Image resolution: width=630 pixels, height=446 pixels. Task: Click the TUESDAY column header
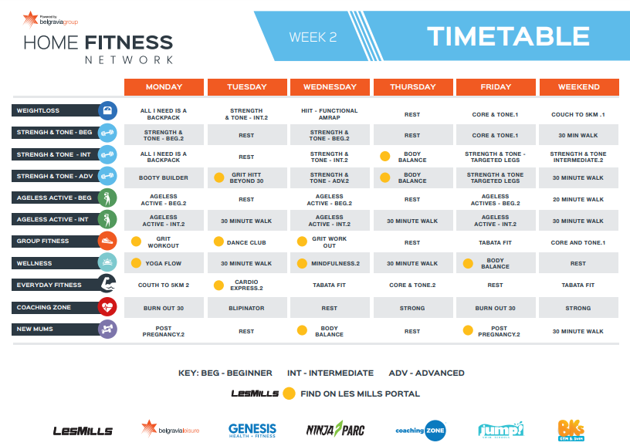[x=247, y=86]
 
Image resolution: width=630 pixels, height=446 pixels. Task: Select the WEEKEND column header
[x=579, y=86]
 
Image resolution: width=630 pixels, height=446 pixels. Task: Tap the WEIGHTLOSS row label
[x=56, y=110]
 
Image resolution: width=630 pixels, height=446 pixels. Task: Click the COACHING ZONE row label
[x=56, y=307]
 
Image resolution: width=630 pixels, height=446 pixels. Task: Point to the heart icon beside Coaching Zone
[x=107, y=307]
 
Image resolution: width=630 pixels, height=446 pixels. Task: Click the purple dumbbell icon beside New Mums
[x=107, y=329]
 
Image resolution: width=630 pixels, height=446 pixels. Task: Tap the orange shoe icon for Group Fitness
[x=107, y=241]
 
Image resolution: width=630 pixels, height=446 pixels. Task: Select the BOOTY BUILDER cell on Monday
[x=164, y=177]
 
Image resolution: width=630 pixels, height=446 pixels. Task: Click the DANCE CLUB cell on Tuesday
[x=247, y=242]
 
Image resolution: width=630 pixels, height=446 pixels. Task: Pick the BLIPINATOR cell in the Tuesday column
[x=247, y=308]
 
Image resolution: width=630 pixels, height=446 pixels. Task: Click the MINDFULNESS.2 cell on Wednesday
[x=330, y=263]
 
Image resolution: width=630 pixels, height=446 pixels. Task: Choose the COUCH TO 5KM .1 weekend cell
[x=578, y=114]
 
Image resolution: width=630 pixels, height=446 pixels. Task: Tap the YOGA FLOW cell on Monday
[x=164, y=263]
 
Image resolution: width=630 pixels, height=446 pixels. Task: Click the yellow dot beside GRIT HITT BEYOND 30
[x=219, y=177]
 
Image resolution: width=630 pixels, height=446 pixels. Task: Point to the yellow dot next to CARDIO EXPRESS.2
[x=218, y=285]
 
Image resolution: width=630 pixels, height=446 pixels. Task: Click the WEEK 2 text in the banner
[x=313, y=37]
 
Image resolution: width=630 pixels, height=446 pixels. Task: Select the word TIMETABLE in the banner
[x=508, y=36]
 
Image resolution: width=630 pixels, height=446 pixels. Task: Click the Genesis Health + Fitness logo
[x=252, y=431]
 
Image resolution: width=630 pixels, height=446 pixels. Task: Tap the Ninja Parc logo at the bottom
[x=336, y=430]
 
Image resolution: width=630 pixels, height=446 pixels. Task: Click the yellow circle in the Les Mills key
[x=289, y=394]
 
